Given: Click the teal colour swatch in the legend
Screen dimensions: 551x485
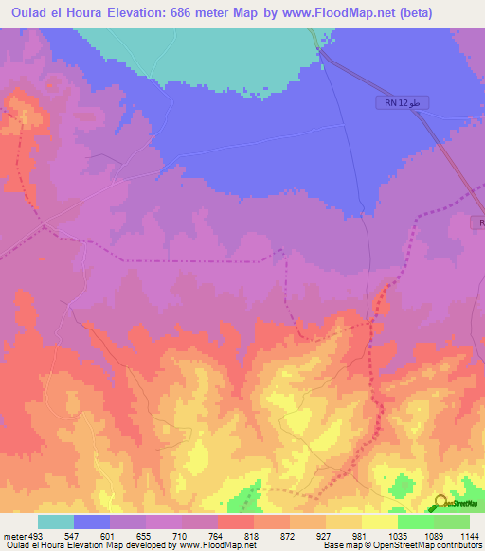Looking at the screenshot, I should coord(56,522).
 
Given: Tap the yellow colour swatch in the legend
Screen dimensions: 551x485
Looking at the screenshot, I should coord(380,522).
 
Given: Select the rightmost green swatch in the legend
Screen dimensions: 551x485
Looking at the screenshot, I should coord(451,522).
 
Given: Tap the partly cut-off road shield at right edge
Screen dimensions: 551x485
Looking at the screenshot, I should coord(478,222).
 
